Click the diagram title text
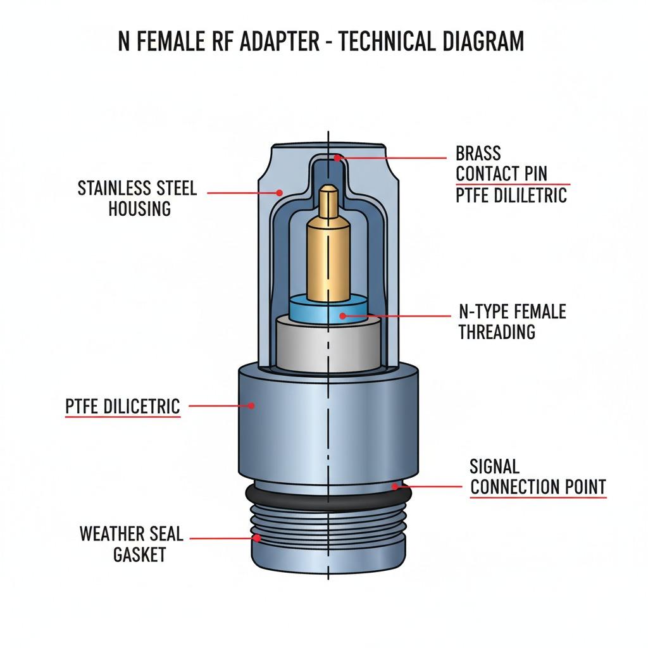(x=321, y=42)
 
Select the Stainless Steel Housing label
(x=137, y=198)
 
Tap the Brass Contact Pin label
(x=501, y=163)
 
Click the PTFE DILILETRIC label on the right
(x=511, y=196)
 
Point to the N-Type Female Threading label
(x=512, y=321)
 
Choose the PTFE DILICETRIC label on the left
(x=123, y=406)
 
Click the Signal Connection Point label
(x=538, y=477)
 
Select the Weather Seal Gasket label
(x=131, y=544)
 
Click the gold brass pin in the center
(x=328, y=253)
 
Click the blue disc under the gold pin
(x=328, y=310)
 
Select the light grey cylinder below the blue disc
(x=328, y=345)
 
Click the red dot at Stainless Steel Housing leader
(x=278, y=192)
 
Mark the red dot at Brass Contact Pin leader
(x=338, y=158)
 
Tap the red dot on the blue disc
(x=342, y=315)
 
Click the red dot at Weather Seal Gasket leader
(x=257, y=539)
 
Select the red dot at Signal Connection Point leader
(x=394, y=487)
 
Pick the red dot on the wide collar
(x=251, y=406)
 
